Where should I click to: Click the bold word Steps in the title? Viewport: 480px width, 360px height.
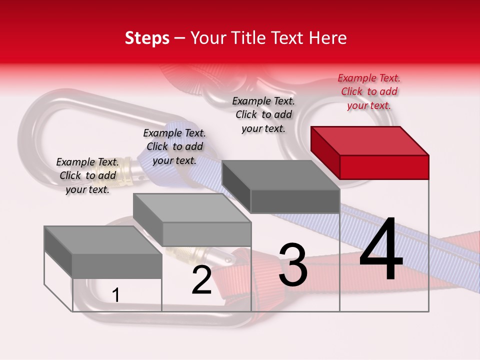tap(147, 38)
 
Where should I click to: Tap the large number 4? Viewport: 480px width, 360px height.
tap(381, 250)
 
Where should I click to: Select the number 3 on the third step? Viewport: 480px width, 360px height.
tap(293, 265)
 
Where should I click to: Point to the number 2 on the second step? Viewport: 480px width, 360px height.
tap(201, 280)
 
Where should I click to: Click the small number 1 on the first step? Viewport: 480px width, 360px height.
tap(116, 295)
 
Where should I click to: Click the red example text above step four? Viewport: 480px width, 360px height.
tap(369, 91)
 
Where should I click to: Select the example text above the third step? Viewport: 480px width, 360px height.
tap(263, 114)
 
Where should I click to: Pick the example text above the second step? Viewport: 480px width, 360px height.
tap(174, 146)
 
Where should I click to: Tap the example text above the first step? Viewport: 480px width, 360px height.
tap(87, 175)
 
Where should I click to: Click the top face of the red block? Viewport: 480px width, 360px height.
tap(370, 140)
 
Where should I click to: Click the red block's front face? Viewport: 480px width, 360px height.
tap(384, 167)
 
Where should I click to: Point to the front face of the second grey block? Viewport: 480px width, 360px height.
tap(206, 234)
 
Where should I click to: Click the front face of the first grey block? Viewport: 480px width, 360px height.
tap(117, 266)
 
